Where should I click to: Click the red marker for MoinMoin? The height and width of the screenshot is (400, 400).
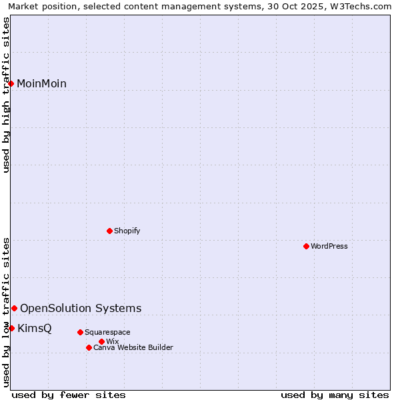pos(11,83)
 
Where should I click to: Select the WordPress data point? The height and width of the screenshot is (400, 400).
pos(306,246)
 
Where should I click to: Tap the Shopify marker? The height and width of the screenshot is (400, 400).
pos(109,231)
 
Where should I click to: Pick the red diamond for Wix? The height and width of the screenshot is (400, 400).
pos(101,341)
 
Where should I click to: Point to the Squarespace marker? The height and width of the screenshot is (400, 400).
pos(80,332)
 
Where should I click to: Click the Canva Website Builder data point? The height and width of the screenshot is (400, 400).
pos(89,347)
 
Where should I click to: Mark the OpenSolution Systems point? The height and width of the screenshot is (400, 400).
pos(14,308)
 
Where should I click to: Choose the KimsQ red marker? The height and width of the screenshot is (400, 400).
pos(11,328)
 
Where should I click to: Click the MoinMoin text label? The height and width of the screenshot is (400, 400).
pos(41,83)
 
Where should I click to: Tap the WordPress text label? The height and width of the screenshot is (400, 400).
pos(329,246)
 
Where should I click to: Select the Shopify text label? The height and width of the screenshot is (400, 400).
pos(127,231)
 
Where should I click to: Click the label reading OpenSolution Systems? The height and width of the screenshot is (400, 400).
pos(81,308)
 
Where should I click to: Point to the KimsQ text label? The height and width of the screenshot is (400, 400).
pos(34,328)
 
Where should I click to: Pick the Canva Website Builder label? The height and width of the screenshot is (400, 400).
pos(133,347)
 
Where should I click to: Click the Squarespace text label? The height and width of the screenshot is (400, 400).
pos(107,332)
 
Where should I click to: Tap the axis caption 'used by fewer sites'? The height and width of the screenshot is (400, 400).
pos(69,395)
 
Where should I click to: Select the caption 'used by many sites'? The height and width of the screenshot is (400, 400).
pos(335,395)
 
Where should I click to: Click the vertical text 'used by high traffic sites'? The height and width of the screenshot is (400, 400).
pos(6,95)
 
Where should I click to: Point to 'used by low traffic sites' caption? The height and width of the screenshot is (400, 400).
pos(6,312)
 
